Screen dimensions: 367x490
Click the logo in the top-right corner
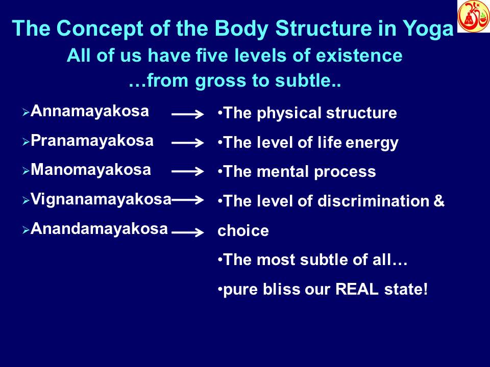[x=473, y=16]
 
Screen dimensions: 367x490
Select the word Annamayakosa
[x=90, y=112]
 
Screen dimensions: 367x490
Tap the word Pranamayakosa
[x=92, y=141]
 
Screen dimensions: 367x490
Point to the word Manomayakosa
[x=91, y=170]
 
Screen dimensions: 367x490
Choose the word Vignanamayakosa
[x=101, y=199]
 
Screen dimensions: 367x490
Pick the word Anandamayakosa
[x=99, y=229]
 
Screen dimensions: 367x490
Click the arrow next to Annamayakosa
[x=188, y=115]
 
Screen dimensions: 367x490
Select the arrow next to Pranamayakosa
[x=188, y=144]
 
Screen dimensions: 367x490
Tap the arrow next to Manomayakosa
[x=188, y=173]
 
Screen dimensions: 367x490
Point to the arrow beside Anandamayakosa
[x=188, y=233]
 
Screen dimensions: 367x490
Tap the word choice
[x=243, y=231]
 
